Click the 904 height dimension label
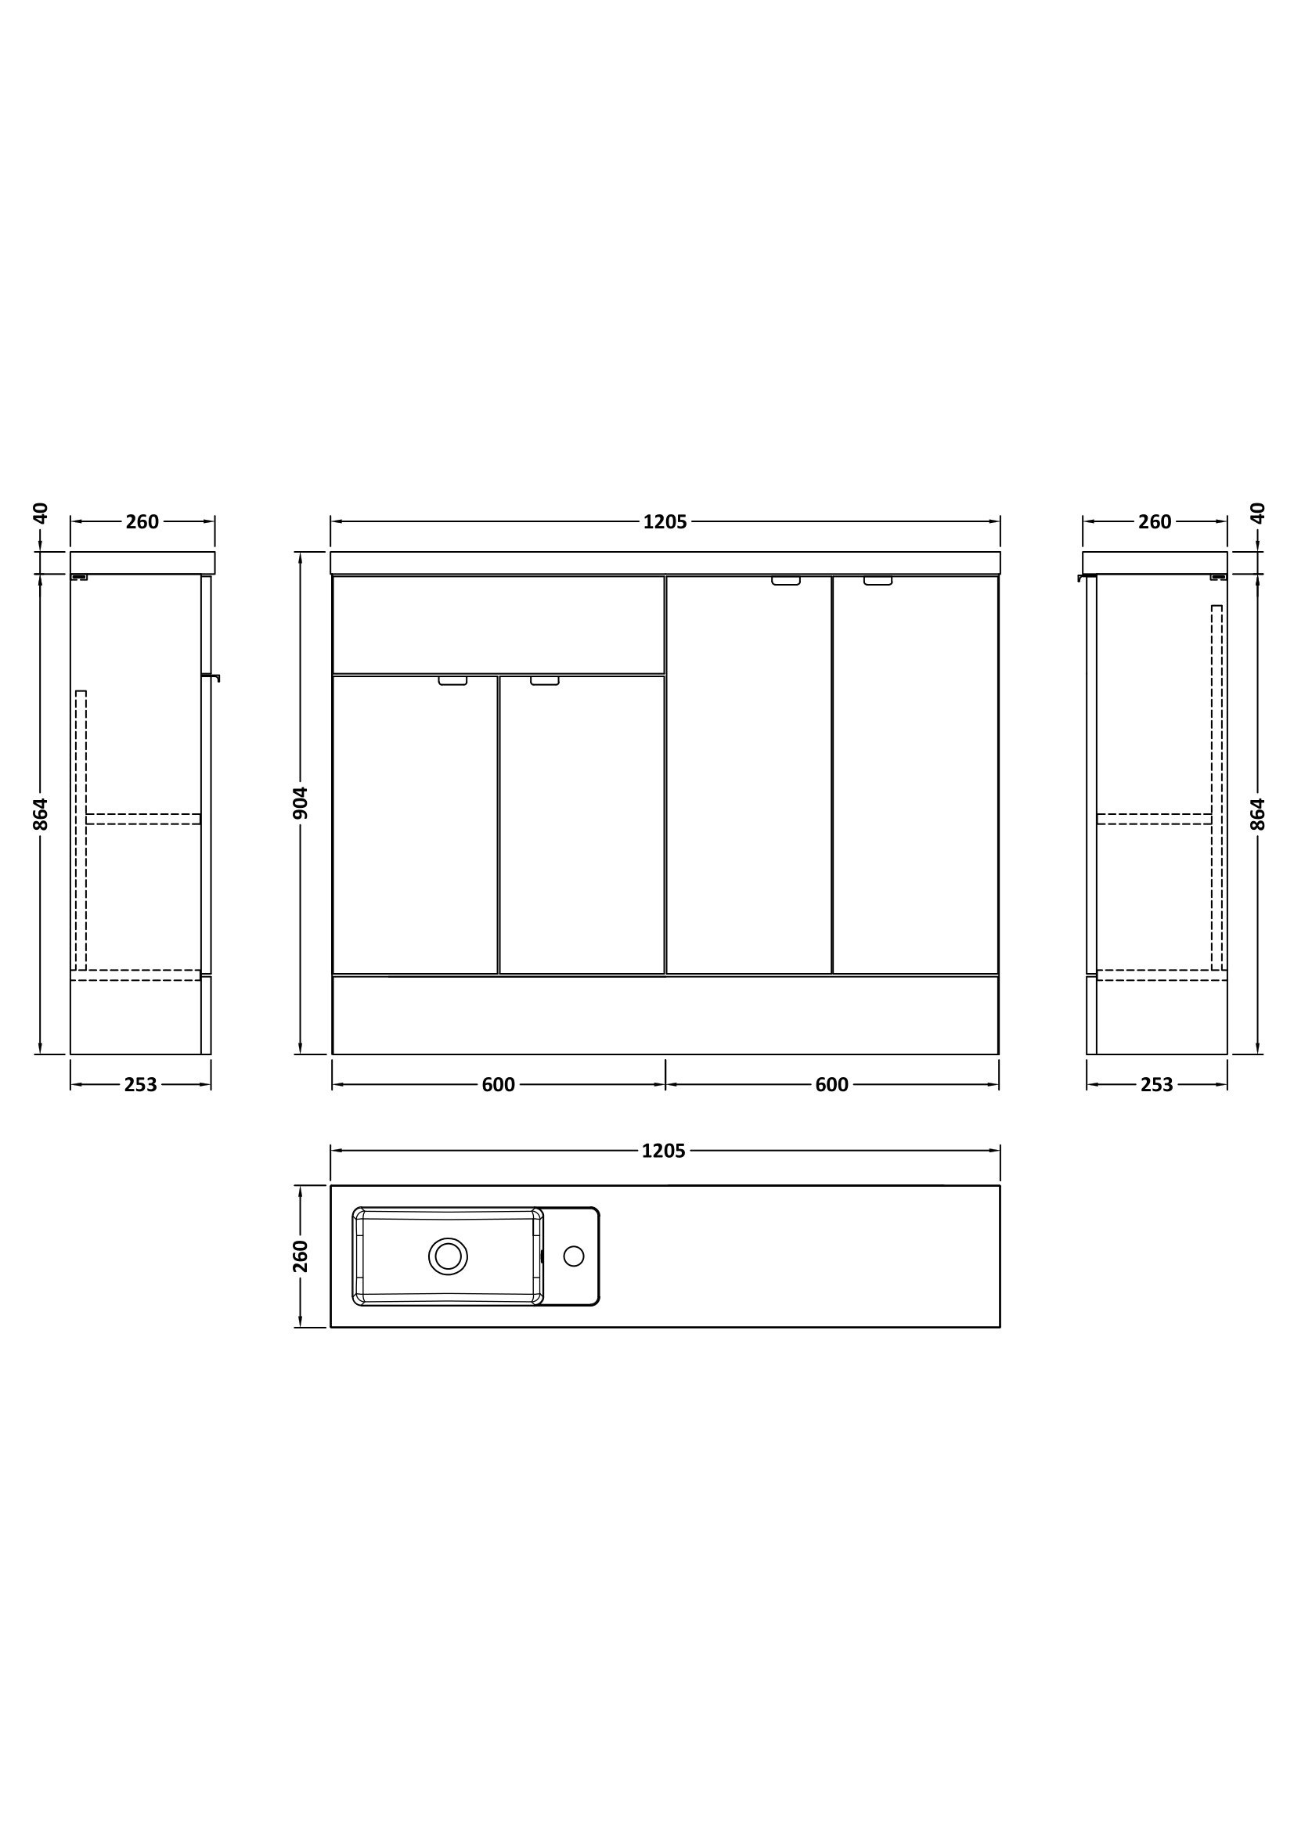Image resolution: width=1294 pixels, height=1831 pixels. (301, 802)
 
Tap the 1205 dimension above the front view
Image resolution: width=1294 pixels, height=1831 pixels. (665, 521)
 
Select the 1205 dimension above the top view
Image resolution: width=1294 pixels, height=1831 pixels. (663, 1151)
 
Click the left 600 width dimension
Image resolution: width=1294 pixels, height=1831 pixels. (499, 1084)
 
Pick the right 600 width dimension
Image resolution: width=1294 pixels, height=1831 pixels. (831, 1084)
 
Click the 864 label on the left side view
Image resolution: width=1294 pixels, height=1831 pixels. (41, 814)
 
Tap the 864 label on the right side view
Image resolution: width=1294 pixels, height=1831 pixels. (1257, 814)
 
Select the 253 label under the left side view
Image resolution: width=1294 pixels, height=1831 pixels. (140, 1084)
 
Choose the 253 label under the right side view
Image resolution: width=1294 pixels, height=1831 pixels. (1157, 1084)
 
